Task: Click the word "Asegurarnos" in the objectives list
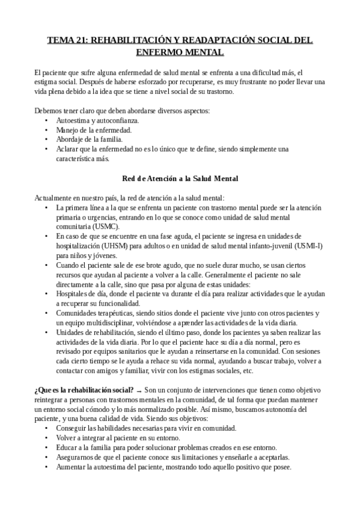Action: click(x=75, y=457)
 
